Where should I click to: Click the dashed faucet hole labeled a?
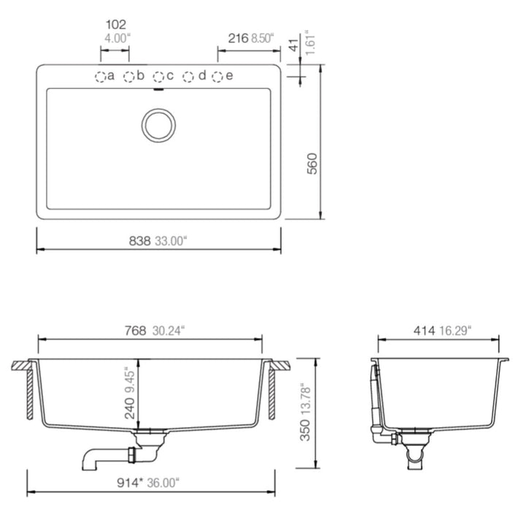click(101, 77)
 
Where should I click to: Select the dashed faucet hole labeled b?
click(129, 77)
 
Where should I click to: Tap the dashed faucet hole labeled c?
click(158, 77)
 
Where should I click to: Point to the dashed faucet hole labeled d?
click(188, 77)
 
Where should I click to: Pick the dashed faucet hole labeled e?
click(217, 77)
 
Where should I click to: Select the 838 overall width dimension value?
click(139, 241)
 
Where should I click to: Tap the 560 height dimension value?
click(312, 164)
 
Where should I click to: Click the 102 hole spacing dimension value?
click(116, 24)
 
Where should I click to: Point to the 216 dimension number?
click(238, 38)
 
